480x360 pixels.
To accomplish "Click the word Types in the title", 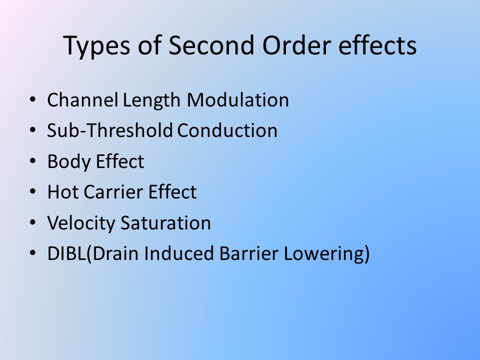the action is coord(96,46).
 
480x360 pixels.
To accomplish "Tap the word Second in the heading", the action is coord(211,45).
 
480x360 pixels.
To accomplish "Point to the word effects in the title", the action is coord(377,44).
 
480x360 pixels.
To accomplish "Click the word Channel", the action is coord(82,100).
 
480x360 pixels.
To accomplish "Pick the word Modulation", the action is coord(238,100).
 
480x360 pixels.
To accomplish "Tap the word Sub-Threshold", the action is coord(110,130).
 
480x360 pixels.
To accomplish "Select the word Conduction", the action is coord(227,130).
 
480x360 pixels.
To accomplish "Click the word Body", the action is coord(69,162).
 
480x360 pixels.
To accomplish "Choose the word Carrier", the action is coord(113,192).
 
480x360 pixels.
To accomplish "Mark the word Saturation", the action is coord(165,222).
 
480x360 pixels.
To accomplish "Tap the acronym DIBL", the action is coord(66,253).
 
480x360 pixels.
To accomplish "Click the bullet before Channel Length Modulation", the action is coord(33,100).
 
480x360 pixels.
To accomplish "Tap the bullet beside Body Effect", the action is coord(33,161).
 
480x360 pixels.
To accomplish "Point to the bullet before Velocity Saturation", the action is coord(33,222).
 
